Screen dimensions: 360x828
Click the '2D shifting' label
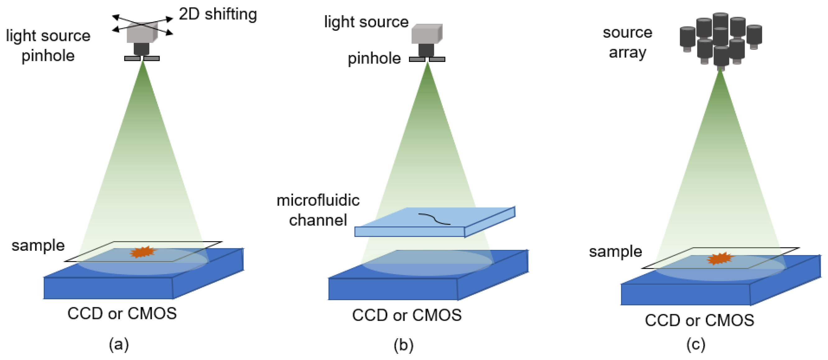coord(218,14)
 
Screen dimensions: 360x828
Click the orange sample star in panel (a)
coord(143,252)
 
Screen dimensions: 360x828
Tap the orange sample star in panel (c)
coord(720,259)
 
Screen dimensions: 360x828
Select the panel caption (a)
coord(119,344)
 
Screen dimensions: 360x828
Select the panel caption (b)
coord(403,345)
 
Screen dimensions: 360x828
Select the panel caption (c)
coord(696,344)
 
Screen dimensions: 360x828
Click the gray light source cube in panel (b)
coord(426,34)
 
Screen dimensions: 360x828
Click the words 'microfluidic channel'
coord(318,210)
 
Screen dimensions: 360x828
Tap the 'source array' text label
coord(627,42)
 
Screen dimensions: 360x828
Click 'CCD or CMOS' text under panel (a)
coord(122,313)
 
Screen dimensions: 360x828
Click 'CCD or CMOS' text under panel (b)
coord(407,315)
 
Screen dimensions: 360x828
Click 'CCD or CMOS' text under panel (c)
coord(699,320)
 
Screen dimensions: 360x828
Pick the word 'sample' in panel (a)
coord(38,245)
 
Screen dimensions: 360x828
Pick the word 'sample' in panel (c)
coord(615,252)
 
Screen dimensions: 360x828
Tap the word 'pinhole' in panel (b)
coord(374,59)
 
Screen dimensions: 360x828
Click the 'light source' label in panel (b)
coord(366,22)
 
